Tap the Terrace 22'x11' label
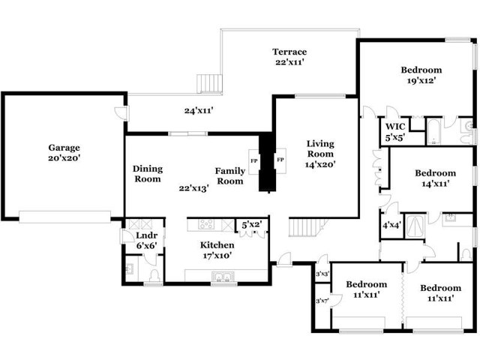pyautogui.click(x=289, y=57)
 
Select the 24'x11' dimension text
pyautogui.click(x=199, y=110)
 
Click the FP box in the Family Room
pyautogui.click(x=254, y=162)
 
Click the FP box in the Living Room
pyautogui.click(x=280, y=160)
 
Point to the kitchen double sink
pyautogui.click(x=223, y=277)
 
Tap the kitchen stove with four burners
pyautogui.click(x=206, y=224)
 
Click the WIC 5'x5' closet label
pyautogui.click(x=395, y=132)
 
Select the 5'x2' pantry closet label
pyautogui.click(x=251, y=225)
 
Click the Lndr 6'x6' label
pyautogui.click(x=147, y=240)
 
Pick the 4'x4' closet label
pyautogui.click(x=391, y=225)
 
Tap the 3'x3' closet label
pyautogui.click(x=322, y=274)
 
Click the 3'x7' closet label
pyautogui.click(x=322, y=301)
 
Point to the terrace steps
pyautogui.click(x=209, y=83)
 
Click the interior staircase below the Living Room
pyautogui.click(x=305, y=227)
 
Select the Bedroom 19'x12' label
pyautogui.click(x=421, y=75)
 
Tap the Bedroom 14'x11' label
pyautogui.click(x=435, y=178)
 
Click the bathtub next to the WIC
pyautogui.click(x=433, y=132)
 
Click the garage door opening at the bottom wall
pyautogui.click(x=65, y=217)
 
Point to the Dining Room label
pyautogui.click(x=148, y=173)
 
